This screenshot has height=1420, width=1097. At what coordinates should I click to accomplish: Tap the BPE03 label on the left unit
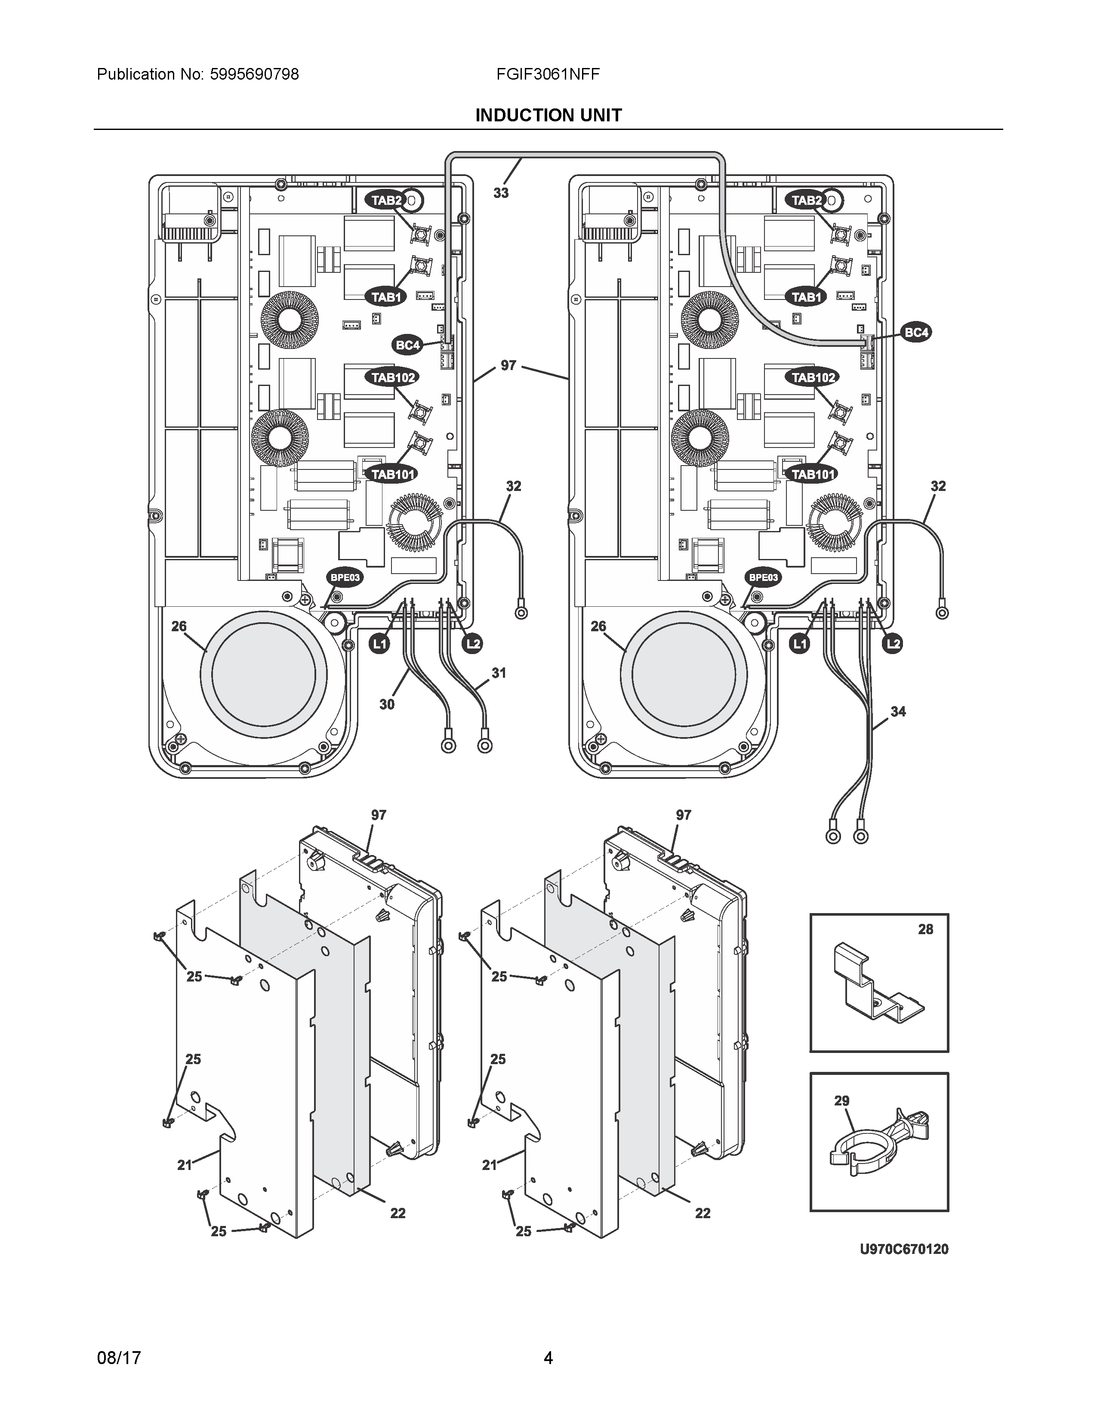(x=345, y=577)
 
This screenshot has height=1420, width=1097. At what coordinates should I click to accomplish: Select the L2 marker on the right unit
(x=894, y=644)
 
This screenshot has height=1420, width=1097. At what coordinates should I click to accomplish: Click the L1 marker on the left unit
(x=379, y=644)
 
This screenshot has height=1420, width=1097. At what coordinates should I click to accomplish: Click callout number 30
(x=387, y=704)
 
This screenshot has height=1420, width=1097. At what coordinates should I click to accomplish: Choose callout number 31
(x=499, y=673)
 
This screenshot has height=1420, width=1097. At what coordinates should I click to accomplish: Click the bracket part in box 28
(x=877, y=988)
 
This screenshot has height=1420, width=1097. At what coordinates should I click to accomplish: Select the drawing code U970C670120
(x=903, y=1249)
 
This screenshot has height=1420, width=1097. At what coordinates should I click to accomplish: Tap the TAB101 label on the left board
(x=392, y=474)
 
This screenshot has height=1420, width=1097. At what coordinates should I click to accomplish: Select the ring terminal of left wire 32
(x=521, y=612)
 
